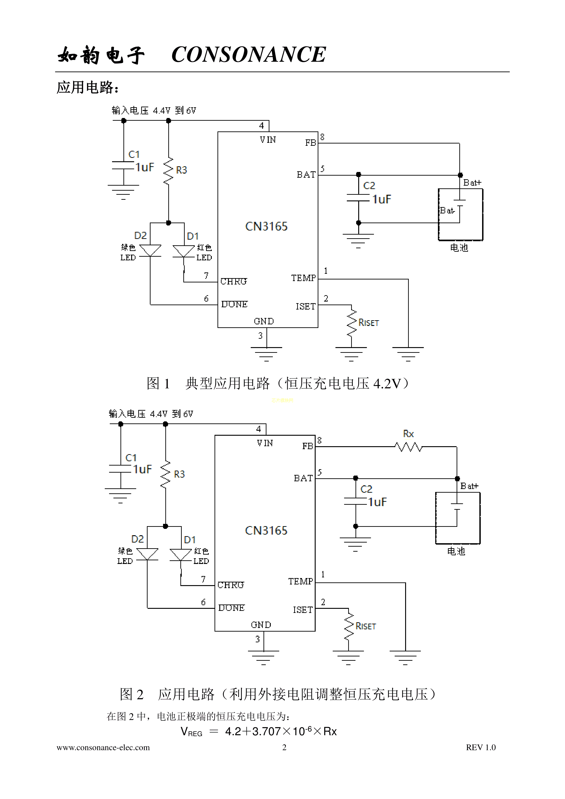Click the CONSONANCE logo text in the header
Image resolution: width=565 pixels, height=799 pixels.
tap(248, 55)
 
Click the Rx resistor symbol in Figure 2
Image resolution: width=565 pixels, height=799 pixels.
tap(408, 447)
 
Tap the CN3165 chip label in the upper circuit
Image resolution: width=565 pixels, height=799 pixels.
tap(266, 227)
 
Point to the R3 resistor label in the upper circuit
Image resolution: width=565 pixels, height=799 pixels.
tap(181, 170)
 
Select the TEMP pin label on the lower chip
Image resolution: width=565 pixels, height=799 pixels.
tap(300, 581)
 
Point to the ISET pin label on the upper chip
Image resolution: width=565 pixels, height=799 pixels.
tap(305, 307)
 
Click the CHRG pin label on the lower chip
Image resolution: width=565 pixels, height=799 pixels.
tap(231, 585)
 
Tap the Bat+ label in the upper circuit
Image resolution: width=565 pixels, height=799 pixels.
tap(472, 183)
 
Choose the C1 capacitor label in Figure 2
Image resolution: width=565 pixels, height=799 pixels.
tap(131, 458)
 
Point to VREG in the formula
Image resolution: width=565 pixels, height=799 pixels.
tap(191, 732)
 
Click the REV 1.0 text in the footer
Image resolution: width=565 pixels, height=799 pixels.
tap(481, 747)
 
